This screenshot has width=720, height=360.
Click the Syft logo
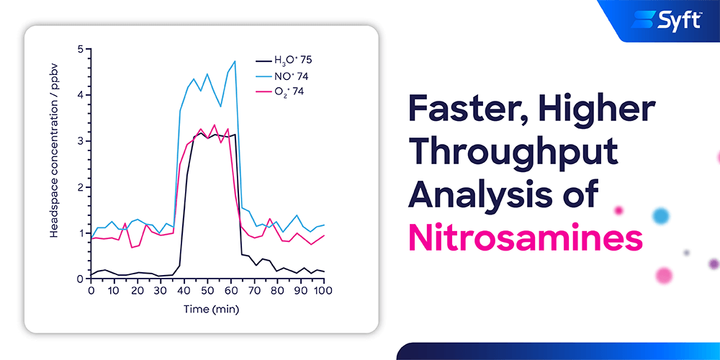tap(666, 19)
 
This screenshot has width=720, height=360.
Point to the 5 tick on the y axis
tap(81, 49)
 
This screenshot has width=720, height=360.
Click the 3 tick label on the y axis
tap(81, 141)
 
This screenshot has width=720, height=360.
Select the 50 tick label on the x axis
tap(207, 290)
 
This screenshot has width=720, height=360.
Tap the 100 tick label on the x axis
tap(323, 290)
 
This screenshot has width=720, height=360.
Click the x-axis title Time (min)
tap(211, 309)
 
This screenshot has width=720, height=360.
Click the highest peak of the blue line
tap(235, 60)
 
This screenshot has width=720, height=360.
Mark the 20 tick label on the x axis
tap(137, 290)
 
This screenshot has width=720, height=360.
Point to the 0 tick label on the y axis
tap(81, 279)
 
